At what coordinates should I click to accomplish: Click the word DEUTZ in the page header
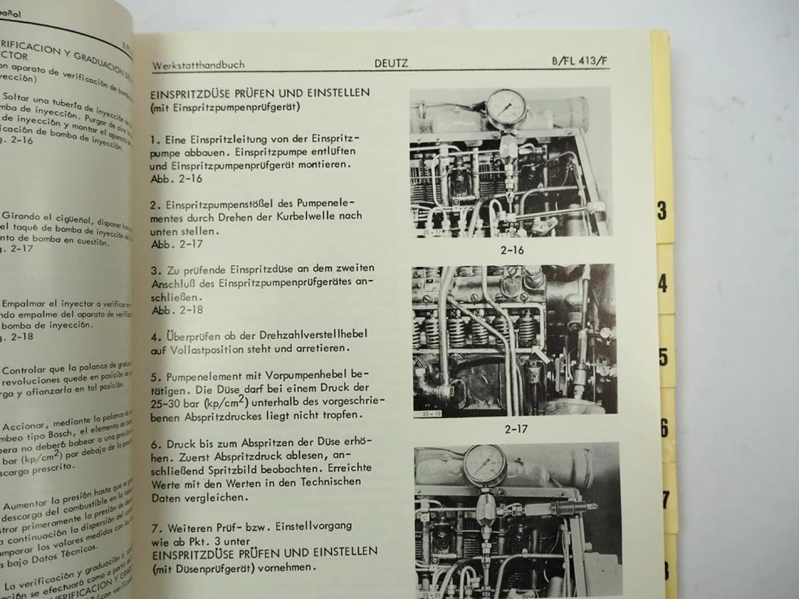point(391,63)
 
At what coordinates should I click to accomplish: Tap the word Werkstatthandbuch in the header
point(198,65)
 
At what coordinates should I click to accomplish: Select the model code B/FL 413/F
point(580,61)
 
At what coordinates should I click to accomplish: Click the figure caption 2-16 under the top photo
point(511,249)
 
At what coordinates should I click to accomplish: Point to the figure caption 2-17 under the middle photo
point(516,428)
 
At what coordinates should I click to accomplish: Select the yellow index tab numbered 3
point(662,211)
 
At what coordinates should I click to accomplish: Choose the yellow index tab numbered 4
point(662,283)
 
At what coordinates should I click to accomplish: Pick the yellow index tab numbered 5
point(663,356)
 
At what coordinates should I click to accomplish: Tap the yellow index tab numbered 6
point(664,428)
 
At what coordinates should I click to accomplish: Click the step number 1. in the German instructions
point(155,140)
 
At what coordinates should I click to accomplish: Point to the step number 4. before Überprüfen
point(156,337)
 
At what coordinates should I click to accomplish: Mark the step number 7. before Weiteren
point(157,529)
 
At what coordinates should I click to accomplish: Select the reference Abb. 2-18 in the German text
point(177,310)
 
